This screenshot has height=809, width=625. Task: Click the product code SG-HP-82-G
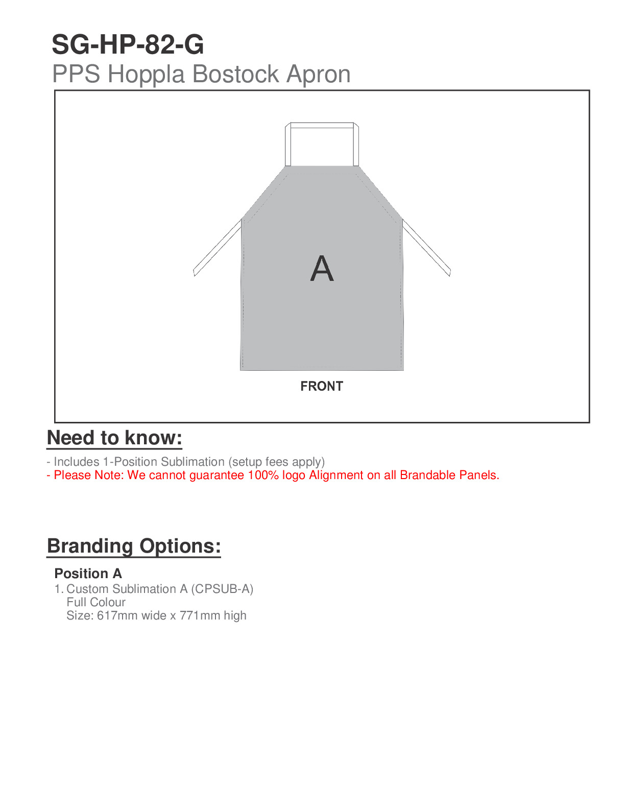[128, 45]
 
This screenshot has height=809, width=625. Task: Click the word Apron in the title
[318, 74]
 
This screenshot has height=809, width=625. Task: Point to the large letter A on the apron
[322, 269]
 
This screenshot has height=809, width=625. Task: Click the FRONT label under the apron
[322, 386]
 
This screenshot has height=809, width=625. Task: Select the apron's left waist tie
[217, 248]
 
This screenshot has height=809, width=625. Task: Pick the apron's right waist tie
[426, 248]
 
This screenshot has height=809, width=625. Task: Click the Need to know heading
[114, 438]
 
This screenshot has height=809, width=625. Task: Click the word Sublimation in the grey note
[193, 462]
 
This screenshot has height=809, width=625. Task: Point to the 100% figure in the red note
[263, 475]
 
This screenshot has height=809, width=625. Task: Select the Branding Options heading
[134, 546]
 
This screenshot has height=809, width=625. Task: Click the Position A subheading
[88, 574]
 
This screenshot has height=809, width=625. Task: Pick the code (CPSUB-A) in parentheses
[222, 589]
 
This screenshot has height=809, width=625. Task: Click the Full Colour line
[96, 602]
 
